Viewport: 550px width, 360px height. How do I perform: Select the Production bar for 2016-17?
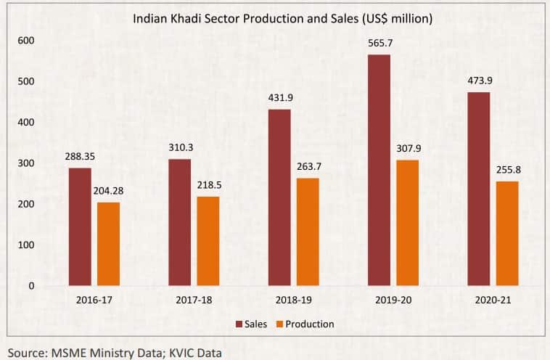click(x=108, y=244)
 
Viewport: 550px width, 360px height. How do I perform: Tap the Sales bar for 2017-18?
click(x=180, y=222)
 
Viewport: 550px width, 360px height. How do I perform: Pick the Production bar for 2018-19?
click(x=308, y=232)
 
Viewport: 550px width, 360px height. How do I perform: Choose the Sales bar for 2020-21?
click(x=479, y=189)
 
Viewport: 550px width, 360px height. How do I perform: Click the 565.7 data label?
click(x=379, y=44)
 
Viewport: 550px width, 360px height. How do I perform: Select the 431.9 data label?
click(x=279, y=98)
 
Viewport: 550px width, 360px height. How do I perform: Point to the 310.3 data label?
click(x=180, y=148)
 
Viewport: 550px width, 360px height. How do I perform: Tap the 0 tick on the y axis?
click(x=31, y=286)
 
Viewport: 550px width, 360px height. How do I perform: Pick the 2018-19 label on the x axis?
click(x=293, y=298)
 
